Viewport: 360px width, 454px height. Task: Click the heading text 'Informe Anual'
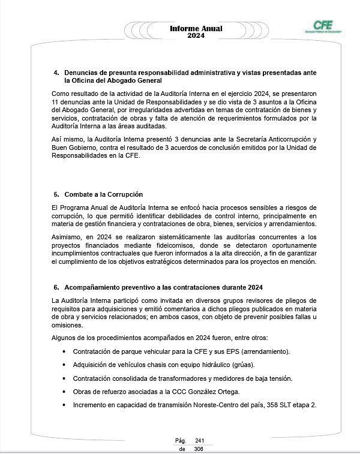click(196, 28)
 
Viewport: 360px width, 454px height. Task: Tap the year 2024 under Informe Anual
click(196, 36)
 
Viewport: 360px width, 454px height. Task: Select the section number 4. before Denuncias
click(56, 73)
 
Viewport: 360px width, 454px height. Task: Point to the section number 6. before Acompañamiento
click(56, 287)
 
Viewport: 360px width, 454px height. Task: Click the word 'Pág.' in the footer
click(180, 441)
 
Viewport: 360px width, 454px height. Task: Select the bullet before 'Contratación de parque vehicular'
click(64, 351)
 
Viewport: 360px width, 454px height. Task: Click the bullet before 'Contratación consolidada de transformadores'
click(64, 378)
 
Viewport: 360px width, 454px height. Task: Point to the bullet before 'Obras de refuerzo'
click(64, 392)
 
